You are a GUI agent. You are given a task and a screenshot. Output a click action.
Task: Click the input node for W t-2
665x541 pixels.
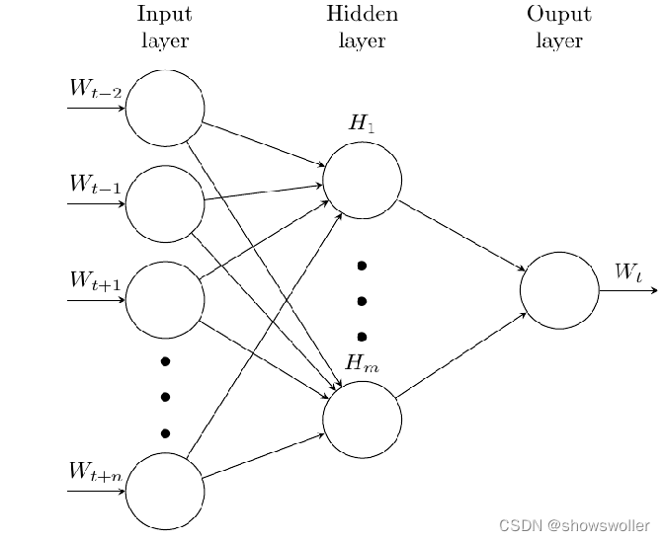165,108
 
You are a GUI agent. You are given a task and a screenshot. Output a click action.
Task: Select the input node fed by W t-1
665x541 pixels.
165,203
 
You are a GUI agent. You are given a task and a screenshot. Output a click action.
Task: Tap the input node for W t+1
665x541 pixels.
165,299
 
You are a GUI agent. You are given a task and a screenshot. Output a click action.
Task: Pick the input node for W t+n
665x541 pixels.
165,491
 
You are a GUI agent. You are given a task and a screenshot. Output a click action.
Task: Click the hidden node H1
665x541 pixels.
362,180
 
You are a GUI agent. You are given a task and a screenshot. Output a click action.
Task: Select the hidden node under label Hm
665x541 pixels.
362,420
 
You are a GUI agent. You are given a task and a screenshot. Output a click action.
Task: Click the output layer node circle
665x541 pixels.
559,290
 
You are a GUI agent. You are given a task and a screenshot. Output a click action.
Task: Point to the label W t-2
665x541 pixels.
95,89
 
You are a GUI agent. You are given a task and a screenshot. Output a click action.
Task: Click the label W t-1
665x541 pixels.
95,185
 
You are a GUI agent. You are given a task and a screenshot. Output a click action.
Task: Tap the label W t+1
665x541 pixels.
95,280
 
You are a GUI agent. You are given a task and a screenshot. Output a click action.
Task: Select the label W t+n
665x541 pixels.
95,472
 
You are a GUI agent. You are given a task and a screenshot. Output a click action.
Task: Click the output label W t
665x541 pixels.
628,271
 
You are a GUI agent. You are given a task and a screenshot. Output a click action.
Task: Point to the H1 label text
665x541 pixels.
362,123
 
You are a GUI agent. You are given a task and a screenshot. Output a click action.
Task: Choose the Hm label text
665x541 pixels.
362,363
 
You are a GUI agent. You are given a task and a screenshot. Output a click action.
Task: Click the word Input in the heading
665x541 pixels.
164,15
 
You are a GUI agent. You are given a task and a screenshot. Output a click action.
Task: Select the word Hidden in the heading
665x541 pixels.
362,15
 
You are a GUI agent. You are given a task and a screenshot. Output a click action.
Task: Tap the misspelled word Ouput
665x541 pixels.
558,15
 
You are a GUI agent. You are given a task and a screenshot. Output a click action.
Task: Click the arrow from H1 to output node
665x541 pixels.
461,235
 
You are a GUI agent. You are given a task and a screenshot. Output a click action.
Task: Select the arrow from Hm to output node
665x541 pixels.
461,355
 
